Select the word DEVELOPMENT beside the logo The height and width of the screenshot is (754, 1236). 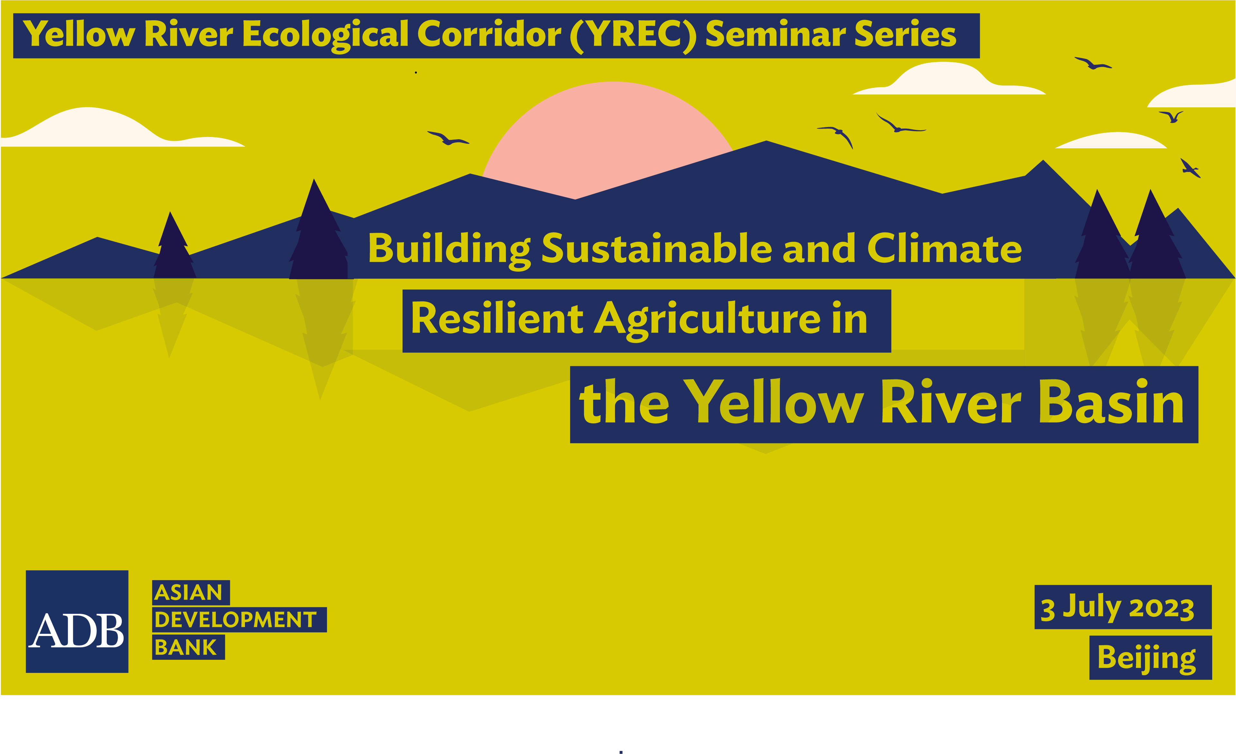click(236, 620)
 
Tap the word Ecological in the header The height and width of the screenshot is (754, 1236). click(326, 35)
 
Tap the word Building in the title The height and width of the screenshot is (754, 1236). click(449, 249)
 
